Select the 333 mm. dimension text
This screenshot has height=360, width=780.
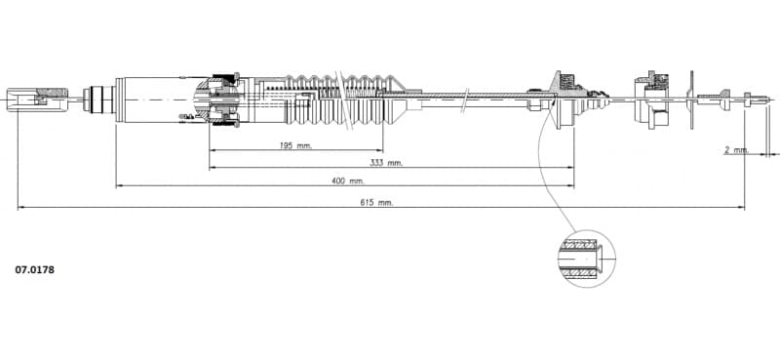pos(387,163)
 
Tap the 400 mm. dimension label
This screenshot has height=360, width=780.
pos(348,180)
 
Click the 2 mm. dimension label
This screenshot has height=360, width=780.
pos(736,149)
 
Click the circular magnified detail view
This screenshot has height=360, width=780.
pos(586,258)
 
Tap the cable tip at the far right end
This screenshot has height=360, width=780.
pos(766,98)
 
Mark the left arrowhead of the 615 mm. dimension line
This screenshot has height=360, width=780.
pos(20,207)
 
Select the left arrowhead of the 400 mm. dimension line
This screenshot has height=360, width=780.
pos(119,185)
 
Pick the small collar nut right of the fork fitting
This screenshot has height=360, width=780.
pos(96,98)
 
